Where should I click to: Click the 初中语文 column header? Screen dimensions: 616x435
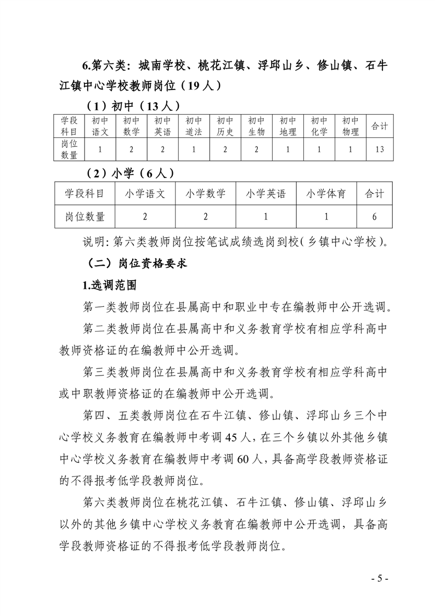(100, 126)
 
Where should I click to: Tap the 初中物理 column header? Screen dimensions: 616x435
(351, 126)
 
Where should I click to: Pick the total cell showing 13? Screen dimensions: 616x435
(380, 150)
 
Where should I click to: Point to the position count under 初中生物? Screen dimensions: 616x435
(257, 150)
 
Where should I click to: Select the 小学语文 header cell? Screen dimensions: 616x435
(145, 194)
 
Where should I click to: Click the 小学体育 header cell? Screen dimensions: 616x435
(326, 194)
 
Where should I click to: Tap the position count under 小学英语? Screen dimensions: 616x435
(265, 216)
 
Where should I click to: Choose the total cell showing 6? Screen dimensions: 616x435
(374, 216)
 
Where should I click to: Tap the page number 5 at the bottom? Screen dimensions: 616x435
(380, 579)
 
